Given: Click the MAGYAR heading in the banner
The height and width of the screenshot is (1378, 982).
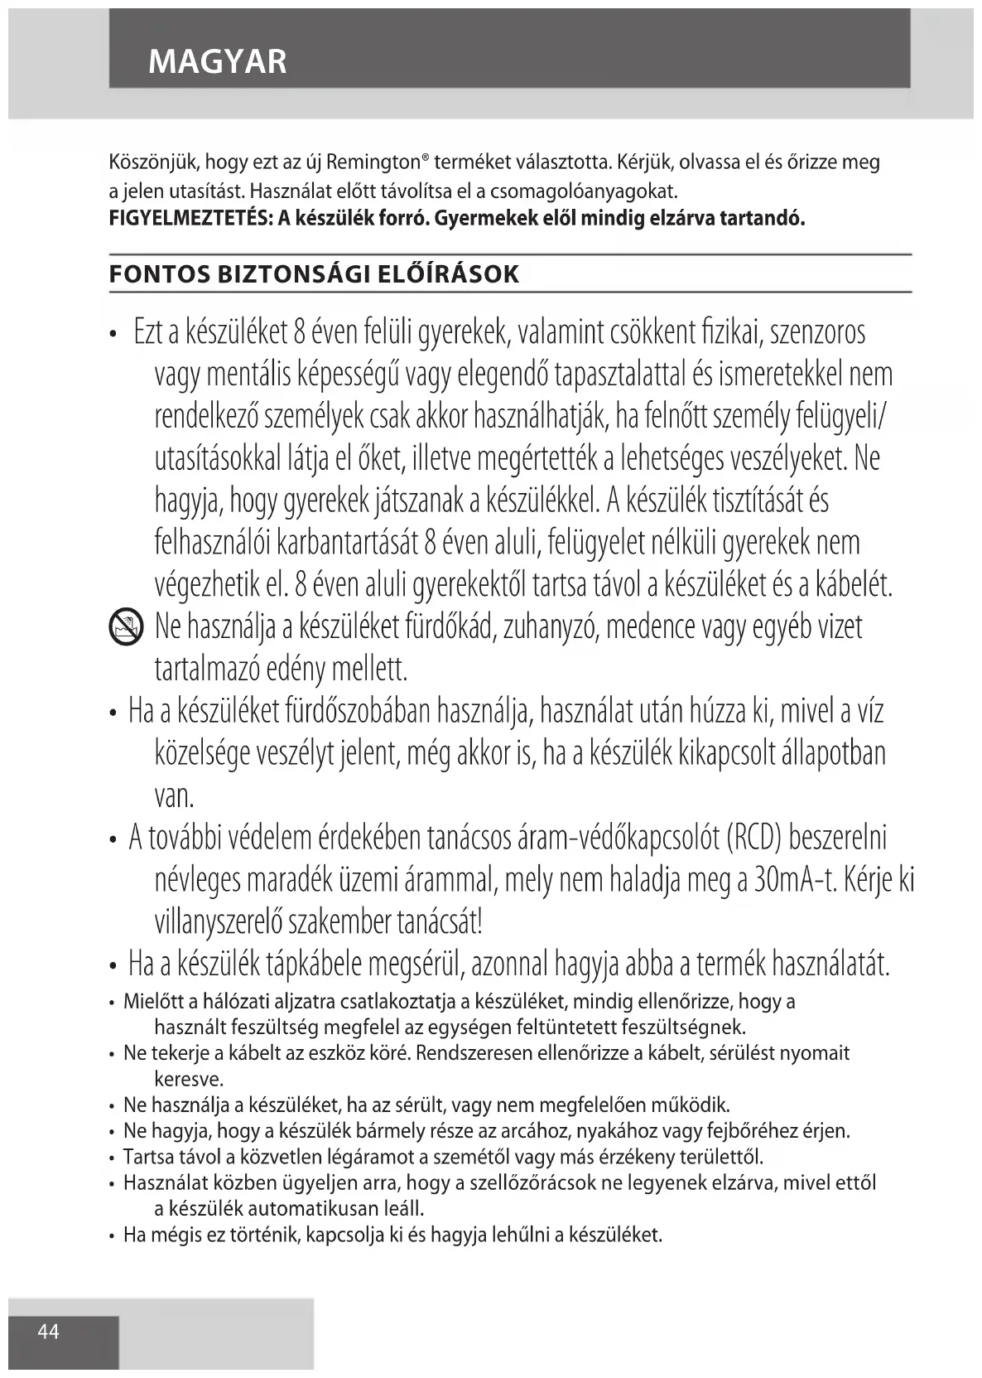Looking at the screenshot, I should (218, 61).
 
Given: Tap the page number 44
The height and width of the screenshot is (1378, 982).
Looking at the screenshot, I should (49, 1332).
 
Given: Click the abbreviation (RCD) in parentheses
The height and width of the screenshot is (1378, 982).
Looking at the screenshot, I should (753, 837).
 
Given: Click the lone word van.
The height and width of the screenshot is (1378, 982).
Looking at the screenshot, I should (174, 796).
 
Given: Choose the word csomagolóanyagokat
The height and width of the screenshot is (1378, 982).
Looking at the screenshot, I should (585, 191).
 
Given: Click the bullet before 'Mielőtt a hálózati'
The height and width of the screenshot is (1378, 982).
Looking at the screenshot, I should (112, 1003).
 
